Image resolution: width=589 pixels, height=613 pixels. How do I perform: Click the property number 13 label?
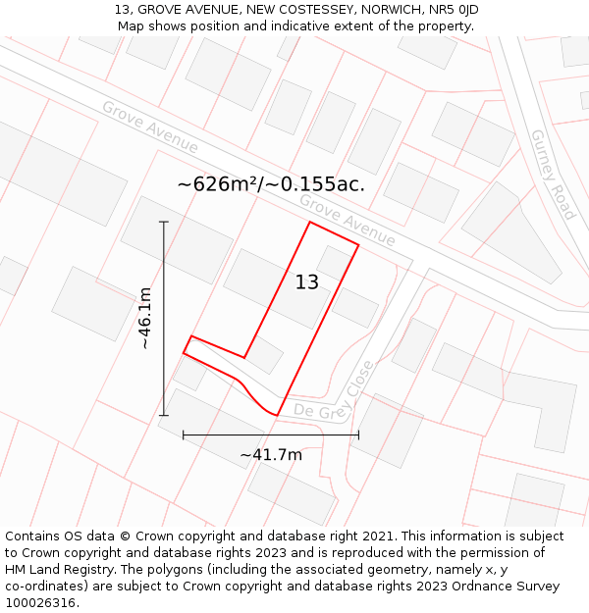tap(307, 282)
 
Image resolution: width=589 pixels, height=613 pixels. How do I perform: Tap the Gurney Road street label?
tap(553, 174)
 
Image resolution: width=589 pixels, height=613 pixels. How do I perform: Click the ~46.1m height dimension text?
tap(144, 319)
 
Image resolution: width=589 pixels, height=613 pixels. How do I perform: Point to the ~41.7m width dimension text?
tap(271, 454)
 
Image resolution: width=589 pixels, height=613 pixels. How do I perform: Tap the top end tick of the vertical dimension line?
tap(164, 223)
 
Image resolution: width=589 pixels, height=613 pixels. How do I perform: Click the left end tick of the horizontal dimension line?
tap(184, 434)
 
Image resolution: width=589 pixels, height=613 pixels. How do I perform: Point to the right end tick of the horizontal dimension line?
tap(358, 434)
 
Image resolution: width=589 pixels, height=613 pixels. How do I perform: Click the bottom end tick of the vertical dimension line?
tap(164, 416)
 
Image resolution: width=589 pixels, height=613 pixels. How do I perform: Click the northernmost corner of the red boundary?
tap(310, 223)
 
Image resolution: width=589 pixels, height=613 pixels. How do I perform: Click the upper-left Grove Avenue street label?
tap(149, 127)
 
